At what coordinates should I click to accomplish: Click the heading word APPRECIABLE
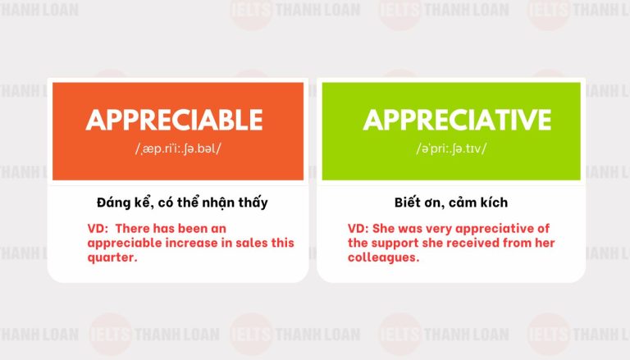174,120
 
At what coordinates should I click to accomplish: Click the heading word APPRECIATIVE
457,120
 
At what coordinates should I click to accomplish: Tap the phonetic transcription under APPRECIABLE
174,148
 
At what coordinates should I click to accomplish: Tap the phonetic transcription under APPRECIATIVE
451,148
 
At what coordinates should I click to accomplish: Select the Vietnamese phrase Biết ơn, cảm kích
450,202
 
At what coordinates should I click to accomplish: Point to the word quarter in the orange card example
112,257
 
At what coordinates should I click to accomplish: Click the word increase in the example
185,243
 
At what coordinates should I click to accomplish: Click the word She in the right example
385,228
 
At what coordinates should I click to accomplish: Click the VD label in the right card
358,228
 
